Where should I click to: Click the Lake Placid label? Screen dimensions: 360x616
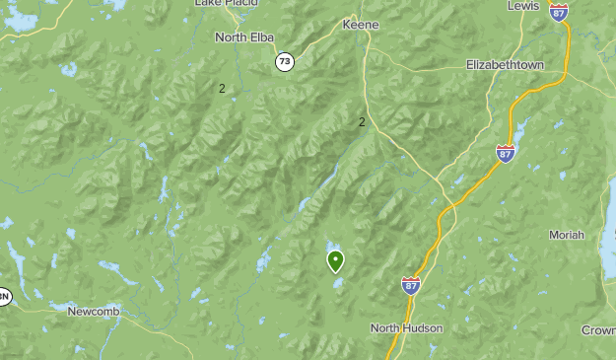(222, 3)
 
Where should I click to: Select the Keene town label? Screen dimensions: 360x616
(360, 25)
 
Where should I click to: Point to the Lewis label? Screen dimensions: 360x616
(523, 6)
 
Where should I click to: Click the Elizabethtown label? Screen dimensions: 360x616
(506, 65)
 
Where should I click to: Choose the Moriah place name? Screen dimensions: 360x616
(567, 235)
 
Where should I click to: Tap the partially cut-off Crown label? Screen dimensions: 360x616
(598, 330)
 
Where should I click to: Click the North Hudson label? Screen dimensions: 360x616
(407, 327)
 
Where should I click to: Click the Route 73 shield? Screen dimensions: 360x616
(285, 61)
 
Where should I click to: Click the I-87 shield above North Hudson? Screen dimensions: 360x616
(411, 285)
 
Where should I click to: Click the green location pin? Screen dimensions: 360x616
(336, 261)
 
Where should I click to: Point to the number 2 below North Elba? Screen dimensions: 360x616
(222, 89)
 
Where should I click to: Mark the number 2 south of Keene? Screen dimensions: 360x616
(363, 122)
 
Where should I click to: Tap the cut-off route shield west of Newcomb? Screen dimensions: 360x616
(3, 295)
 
